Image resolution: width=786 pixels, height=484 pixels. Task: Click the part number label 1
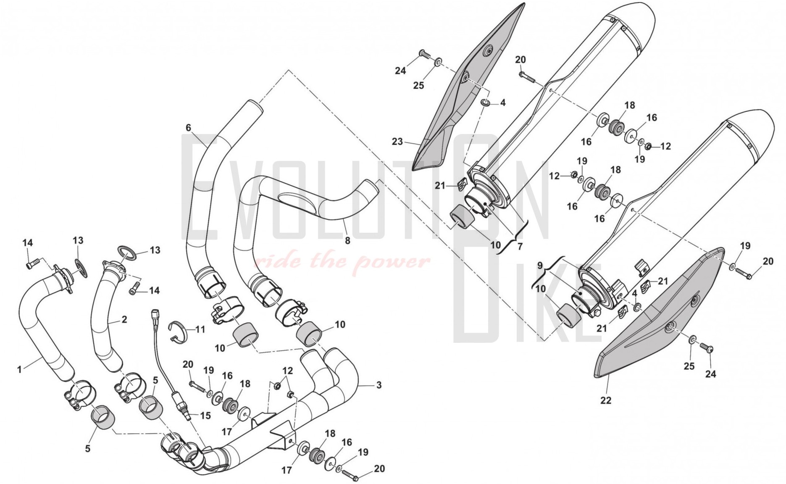[19, 370]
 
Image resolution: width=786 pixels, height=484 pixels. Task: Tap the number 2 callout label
[124, 320]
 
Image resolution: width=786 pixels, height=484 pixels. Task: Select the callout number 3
[379, 385]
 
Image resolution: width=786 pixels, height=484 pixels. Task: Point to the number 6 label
[188, 128]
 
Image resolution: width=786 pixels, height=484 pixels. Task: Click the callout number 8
[347, 241]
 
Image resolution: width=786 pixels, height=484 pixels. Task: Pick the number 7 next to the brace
[520, 247]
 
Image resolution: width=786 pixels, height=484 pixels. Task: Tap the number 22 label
[605, 400]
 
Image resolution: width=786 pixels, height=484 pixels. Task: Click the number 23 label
[397, 142]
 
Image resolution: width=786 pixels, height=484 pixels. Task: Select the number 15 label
[205, 416]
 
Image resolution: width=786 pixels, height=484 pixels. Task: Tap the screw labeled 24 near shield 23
[425, 54]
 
